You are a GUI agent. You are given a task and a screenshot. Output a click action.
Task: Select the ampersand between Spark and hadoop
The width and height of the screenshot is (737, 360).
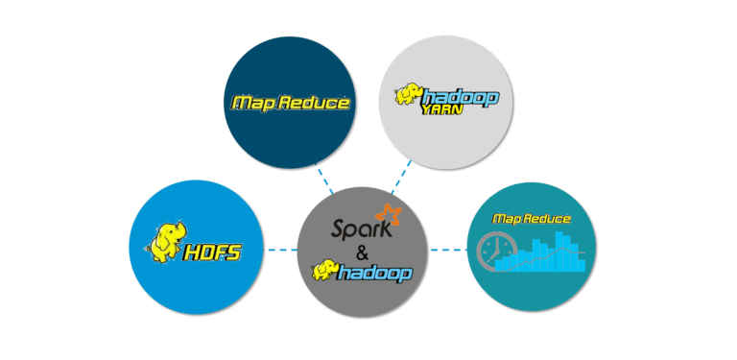click(360, 252)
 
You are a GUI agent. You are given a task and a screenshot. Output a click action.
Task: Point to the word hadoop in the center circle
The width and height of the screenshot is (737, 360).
click(376, 274)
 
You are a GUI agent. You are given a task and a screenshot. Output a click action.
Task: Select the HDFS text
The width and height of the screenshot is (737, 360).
click(213, 253)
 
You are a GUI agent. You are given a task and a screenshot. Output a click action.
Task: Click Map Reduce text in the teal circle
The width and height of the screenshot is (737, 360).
click(531, 220)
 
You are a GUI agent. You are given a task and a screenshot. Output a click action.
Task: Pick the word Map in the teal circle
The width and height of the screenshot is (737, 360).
click(507, 220)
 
